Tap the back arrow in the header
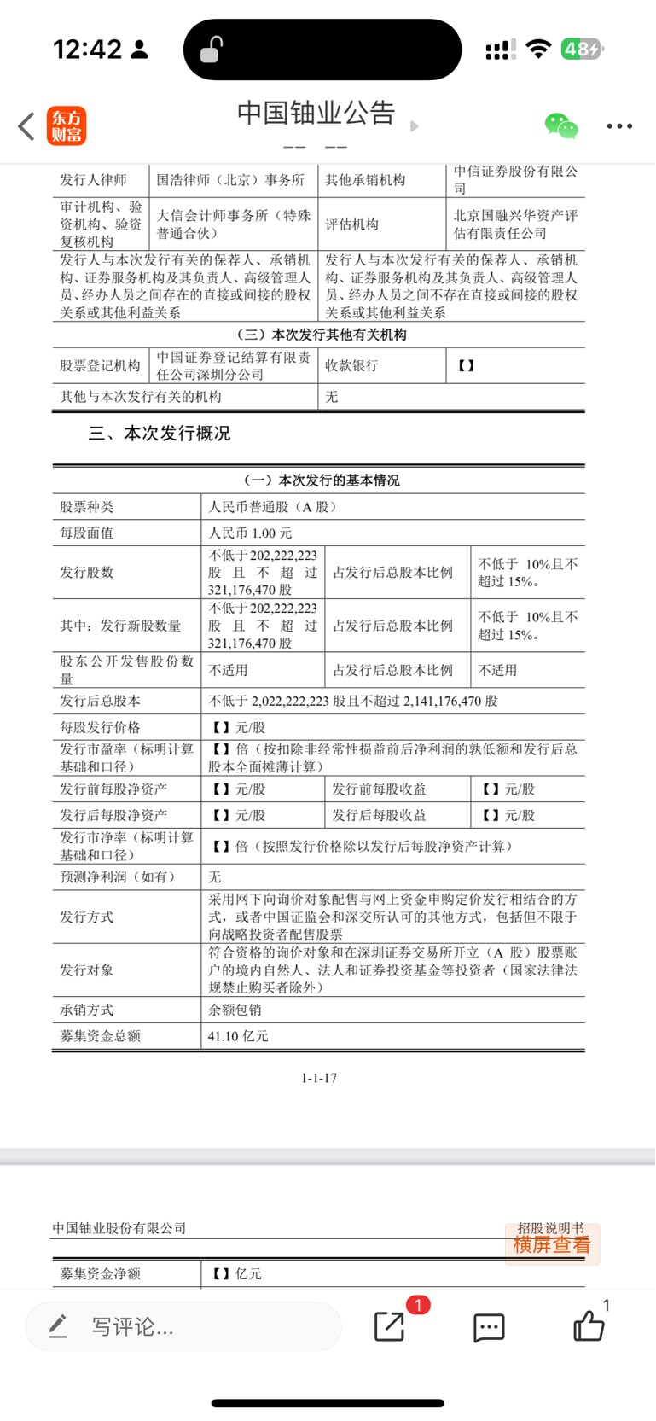pos(26,126)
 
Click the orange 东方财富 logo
pos(67,126)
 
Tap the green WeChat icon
pos(560,126)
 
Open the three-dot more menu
pos(619,126)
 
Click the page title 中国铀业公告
pos(316,114)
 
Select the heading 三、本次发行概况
pos(160,434)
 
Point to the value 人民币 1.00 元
pos(250,533)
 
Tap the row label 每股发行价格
pos(100,728)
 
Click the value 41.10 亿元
pos(238,1036)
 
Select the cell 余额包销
pos(235,1010)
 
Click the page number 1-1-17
pos(319,1078)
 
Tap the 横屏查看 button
pos(552,1244)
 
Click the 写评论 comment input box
pos(183,1326)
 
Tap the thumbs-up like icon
pos(589,1326)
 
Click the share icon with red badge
pos(390,1326)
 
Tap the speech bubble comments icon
pos(489,1327)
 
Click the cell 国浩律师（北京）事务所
pos(230,180)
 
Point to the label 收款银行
pos(351,365)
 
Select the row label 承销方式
pos(86,1010)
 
